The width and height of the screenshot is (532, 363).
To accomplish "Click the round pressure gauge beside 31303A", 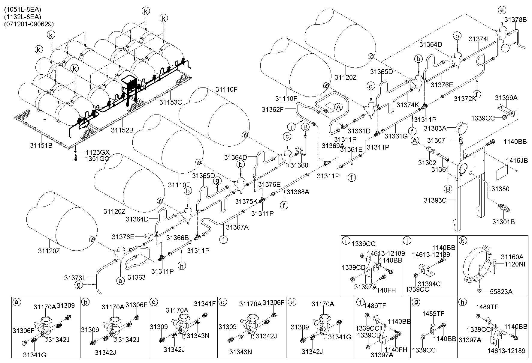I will pos(463,129).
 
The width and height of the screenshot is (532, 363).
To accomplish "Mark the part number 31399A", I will pos(506,98).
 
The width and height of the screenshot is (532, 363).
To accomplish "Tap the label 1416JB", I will pos(517,160).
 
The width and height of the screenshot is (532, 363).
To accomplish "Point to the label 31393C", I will pos(435,200).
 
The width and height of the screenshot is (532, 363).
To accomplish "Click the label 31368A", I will pos(298,192).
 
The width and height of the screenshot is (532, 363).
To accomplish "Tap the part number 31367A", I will pos(237,227).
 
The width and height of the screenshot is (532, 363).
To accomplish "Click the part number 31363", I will pos(136,277).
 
